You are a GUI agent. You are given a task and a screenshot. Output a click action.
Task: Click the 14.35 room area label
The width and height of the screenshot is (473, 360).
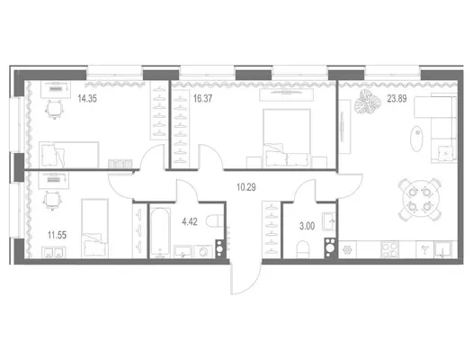pyautogui.click(x=87, y=98)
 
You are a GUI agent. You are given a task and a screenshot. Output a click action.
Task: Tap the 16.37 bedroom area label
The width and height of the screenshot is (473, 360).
pyautogui.click(x=202, y=98)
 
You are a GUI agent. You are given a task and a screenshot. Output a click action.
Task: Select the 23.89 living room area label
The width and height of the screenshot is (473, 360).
pyautogui.click(x=397, y=98)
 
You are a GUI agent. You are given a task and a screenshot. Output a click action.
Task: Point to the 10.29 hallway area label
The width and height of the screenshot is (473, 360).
pyautogui.click(x=246, y=187)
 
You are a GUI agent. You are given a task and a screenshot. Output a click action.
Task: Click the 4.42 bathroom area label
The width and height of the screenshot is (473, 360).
pyautogui.click(x=190, y=222)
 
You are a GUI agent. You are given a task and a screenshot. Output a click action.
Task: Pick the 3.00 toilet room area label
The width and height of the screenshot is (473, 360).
pyautogui.click(x=307, y=226)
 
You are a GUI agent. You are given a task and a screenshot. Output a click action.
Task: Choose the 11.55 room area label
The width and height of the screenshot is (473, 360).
pyautogui.click(x=57, y=235)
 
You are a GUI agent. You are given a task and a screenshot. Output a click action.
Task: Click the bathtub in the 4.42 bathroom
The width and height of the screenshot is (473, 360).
pyautogui.click(x=160, y=233)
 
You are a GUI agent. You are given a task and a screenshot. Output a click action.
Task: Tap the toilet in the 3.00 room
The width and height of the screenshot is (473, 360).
pyautogui.click(x=303, y=249)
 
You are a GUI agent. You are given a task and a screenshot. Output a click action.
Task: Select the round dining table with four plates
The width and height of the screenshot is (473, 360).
pyautogui.click(x=420, y=199)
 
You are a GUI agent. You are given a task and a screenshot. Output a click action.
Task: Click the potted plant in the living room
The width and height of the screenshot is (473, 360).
pyautogui.click(x=368, y=102)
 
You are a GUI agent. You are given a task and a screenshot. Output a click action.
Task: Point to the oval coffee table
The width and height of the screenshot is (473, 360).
pyautogui.click(x=416, y=139)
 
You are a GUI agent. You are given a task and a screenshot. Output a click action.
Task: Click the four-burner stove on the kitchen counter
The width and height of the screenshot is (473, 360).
pyautogui.click(x=389, y=249)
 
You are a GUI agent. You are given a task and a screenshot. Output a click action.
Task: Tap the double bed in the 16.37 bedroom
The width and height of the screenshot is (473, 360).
pyautogui.click(x=287, y=139)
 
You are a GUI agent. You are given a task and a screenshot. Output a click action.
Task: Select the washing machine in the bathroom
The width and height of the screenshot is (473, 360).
pyautogui.click(x=203, y=251)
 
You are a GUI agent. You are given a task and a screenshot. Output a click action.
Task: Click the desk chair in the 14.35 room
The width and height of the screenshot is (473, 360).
pyautogui.click(x=54, y=109)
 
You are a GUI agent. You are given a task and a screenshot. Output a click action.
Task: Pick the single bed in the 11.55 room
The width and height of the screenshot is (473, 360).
pyautogui.click(x=94, y=228)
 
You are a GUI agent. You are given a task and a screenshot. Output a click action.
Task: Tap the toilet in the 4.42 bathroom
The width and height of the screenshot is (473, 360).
pyautogui.click(x=215, y=220)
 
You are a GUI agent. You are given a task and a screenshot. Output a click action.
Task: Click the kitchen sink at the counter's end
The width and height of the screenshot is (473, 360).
pyautogui.click(x=442, y=249)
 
